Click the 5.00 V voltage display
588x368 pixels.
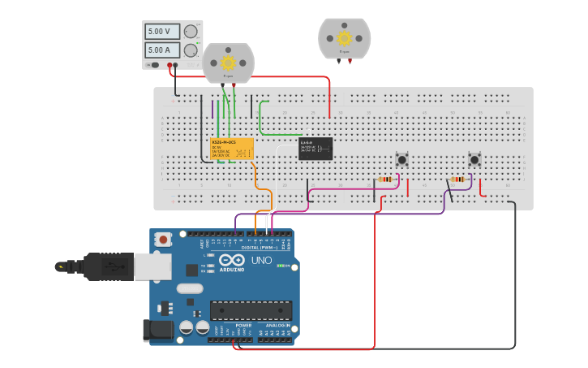click(x=162, y=32)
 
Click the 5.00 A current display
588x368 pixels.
click(x=162, y=50)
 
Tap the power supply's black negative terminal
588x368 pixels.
click(x=170, y=65)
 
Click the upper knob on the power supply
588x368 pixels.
click(x=191, y=32)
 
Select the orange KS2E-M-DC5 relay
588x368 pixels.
click(x=232, y=149)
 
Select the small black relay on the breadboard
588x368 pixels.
click(x=315, y=148)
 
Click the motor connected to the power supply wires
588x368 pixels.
click(x=228, y=63)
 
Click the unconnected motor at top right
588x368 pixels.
click(x=344, y=38)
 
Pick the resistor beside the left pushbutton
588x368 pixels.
click(x=386, y=180)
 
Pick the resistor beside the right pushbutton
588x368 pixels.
click(x=458, y=180)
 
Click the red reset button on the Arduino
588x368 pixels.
click(x=164, y=240)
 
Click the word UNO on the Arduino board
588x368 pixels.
click(x=261, y=261)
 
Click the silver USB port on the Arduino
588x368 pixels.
click(x=152, y=266)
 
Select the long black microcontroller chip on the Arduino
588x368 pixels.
click(x=251, y=310)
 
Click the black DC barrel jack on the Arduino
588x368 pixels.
click(x=157, y=330)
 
